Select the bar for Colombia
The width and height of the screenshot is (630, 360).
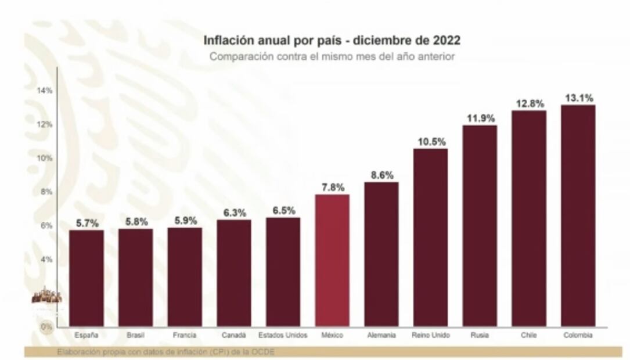(578, 215)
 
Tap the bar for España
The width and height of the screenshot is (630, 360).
(87, 278)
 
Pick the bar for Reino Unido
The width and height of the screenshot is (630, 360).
(430, 237)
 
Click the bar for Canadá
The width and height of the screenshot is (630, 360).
(234, 273)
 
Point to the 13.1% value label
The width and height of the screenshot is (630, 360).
(578, 98)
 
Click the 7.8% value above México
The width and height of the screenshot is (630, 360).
(332, 188)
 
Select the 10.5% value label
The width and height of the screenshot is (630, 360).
(430, 142)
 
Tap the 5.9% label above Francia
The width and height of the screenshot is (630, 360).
(185, 221)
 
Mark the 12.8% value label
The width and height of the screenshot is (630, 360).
(529, 104)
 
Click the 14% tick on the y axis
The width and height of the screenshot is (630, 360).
(45, 91)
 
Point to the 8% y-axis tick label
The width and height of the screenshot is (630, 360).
(46, 192)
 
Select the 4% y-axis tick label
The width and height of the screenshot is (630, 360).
(46, 259)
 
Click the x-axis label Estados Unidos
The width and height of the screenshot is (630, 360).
(283, 336)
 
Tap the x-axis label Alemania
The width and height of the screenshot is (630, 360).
(381, 336)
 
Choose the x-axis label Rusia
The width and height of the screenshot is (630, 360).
(480, 336)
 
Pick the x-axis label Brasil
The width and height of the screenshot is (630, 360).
(135, 336)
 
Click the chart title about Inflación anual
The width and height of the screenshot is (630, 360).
(332, 41)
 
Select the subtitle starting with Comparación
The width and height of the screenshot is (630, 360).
(332, 57)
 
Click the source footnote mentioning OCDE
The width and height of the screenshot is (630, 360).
(165, 352)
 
